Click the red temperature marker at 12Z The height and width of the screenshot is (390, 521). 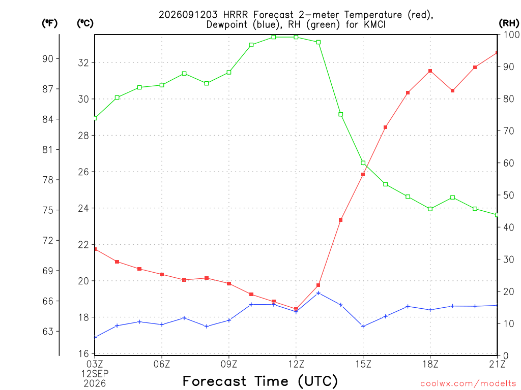(x=296, y=309)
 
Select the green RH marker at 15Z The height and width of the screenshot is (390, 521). (x=363, y=163)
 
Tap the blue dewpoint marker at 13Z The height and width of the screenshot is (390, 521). (x=319, y=293)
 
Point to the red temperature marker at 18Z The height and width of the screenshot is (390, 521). (x=430, y=71)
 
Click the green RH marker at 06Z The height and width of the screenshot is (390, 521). (x=162, y=85)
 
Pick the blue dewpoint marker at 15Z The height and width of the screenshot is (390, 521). (x=363, y=327)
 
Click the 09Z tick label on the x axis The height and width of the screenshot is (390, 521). (x=228, y=364)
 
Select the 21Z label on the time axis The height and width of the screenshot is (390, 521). (x=497, y=364)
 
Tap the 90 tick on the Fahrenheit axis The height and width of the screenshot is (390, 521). (x=48, y=59)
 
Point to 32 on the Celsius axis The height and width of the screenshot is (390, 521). (x=83, y=62)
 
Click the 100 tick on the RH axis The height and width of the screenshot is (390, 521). (x=511, y=35)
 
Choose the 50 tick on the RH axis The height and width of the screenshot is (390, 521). (x=508, y=195)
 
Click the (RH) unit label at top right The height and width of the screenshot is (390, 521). (x=509, y=23)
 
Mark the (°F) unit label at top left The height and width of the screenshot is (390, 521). (x=49, y=23)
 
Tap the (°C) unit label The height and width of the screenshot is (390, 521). (x=85, y=23)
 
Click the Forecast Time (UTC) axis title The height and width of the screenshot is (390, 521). (x=260, y=381)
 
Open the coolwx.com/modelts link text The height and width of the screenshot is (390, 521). (x=468, y=384)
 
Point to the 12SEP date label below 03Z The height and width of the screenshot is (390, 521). (x=95, y=374)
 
